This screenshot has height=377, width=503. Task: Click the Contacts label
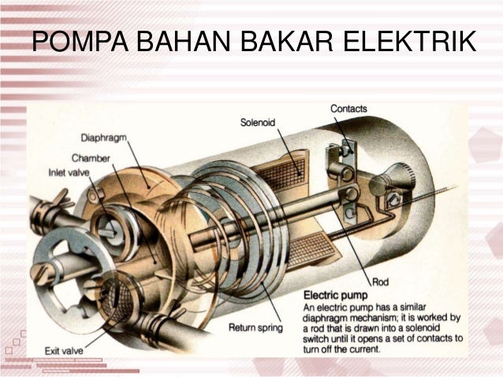[348, 108]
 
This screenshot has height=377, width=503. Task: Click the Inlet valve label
[69, 170]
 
